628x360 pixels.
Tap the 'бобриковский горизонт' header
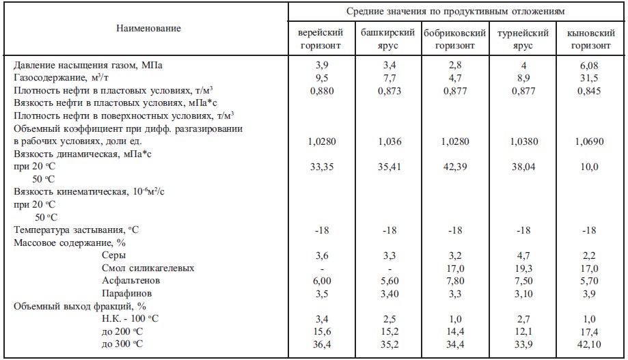click(455, 40)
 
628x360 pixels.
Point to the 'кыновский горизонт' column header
click(590, 40)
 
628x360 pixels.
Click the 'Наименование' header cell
click(148, 29)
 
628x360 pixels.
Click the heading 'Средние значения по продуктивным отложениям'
click(455, 11)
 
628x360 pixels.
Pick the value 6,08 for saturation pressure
click(590, 66)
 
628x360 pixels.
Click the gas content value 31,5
click(590, 78)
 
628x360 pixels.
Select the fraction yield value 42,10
click(590, 344)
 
